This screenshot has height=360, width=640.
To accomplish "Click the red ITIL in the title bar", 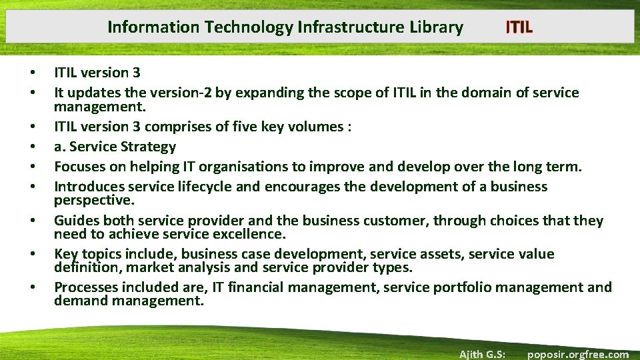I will [519, 27].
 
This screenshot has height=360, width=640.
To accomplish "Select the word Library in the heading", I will [437, 27].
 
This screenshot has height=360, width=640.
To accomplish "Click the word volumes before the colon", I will [319, 127].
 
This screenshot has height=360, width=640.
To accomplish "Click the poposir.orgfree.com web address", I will [577, 354].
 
